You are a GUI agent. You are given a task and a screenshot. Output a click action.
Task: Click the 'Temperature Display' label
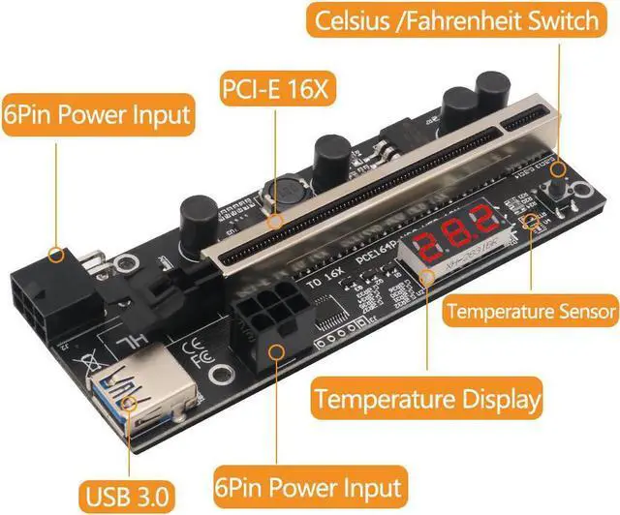click(426, 397)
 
